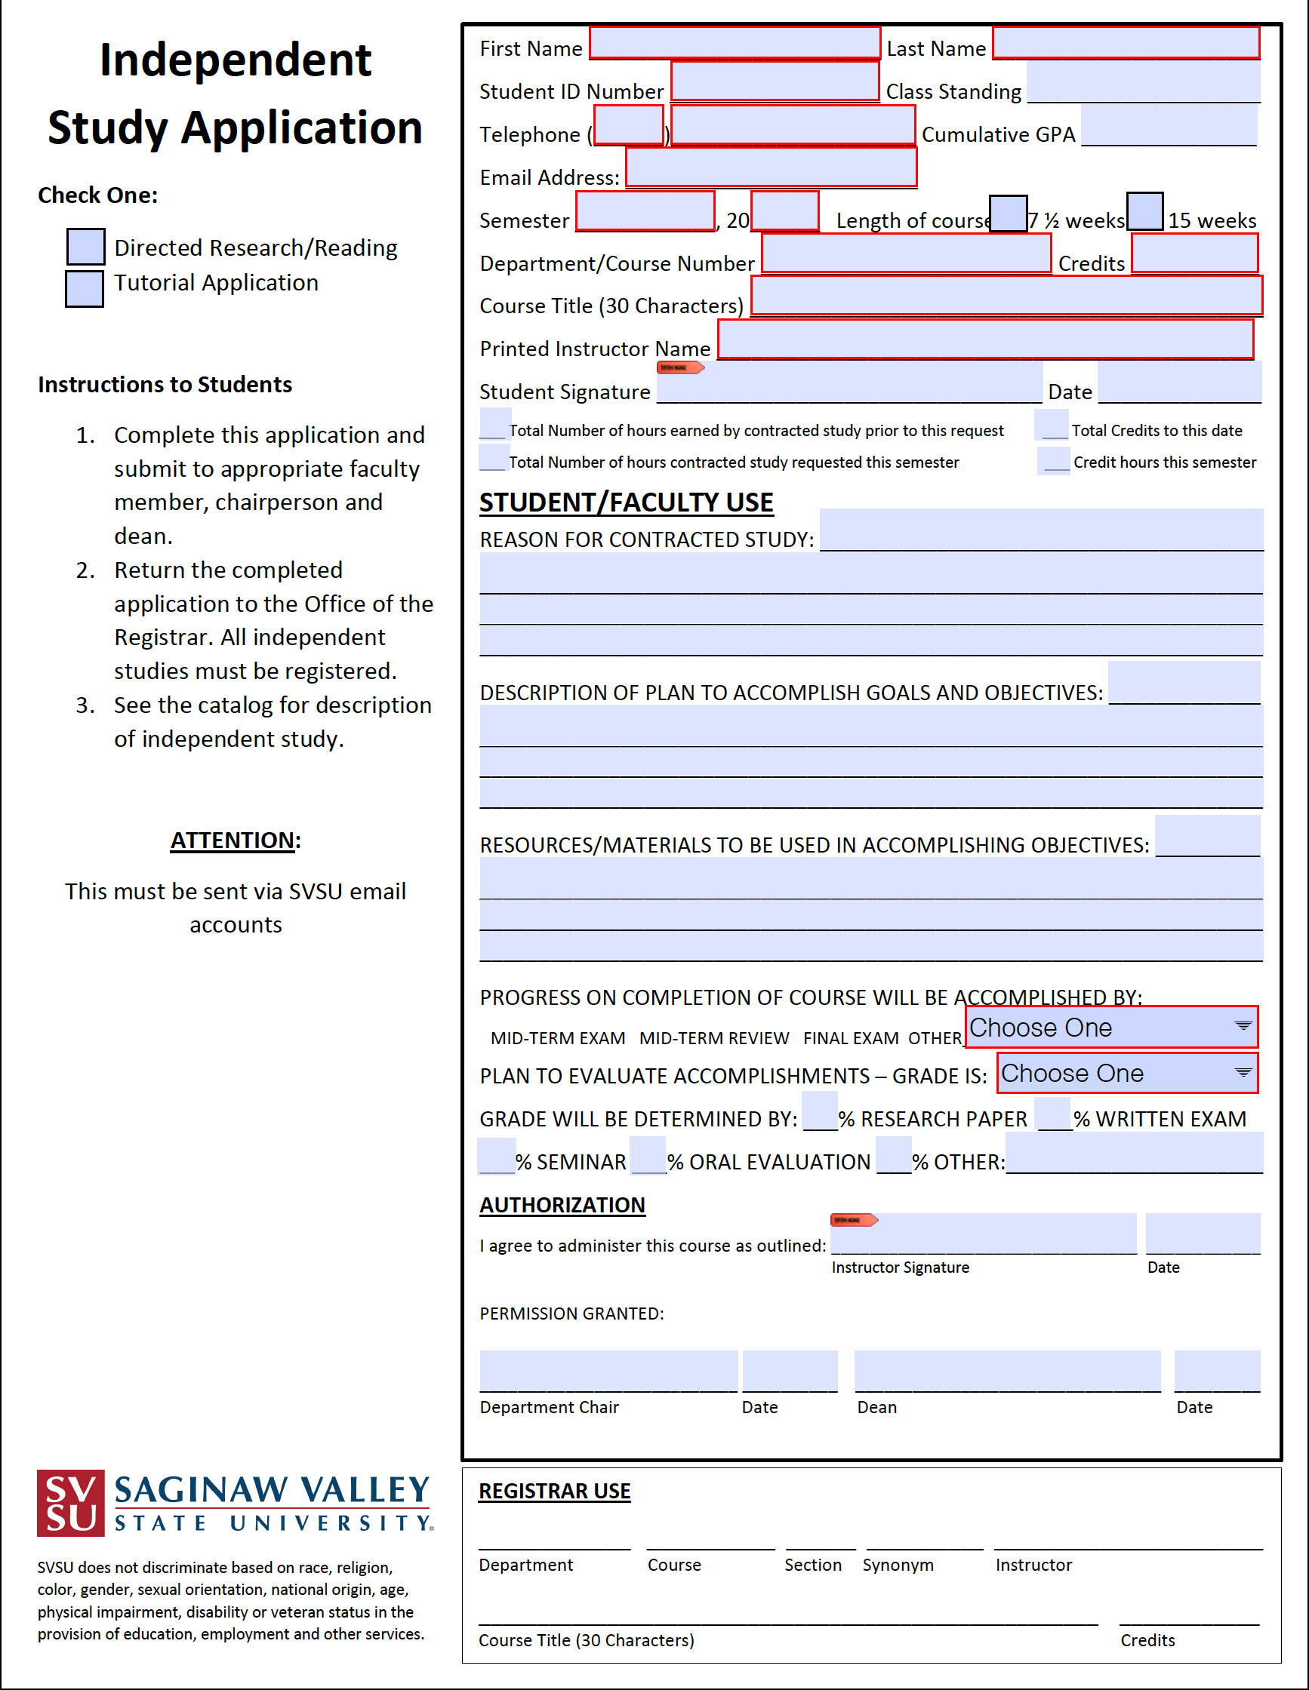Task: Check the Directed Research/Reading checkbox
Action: pos(85,246)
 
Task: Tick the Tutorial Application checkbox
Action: pos(85,288)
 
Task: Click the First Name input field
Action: pos(734,43)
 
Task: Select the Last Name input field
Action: pos(1126,43)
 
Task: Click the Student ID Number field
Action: pos(774,81)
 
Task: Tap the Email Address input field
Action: pos(771,167)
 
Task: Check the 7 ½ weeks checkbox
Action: pos(1008,213)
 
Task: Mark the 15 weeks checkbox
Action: pos(1144,211)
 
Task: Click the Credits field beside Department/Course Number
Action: pos(1193,253)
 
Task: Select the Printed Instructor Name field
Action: pos(984,340)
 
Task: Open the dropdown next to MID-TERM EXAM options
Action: pos(1110,1027)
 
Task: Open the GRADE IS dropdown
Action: pos(1126,1073)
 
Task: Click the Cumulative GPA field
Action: pos(1168,125)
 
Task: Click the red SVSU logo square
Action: pos(70,1502)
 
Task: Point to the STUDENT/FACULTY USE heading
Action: pos(626,502)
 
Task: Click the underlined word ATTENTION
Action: pos(233,840)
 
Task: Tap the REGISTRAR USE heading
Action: pos(554,1490)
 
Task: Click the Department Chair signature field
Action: pos(608,1370)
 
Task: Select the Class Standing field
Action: pos(1143,82)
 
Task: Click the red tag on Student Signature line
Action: pos(679,367)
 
